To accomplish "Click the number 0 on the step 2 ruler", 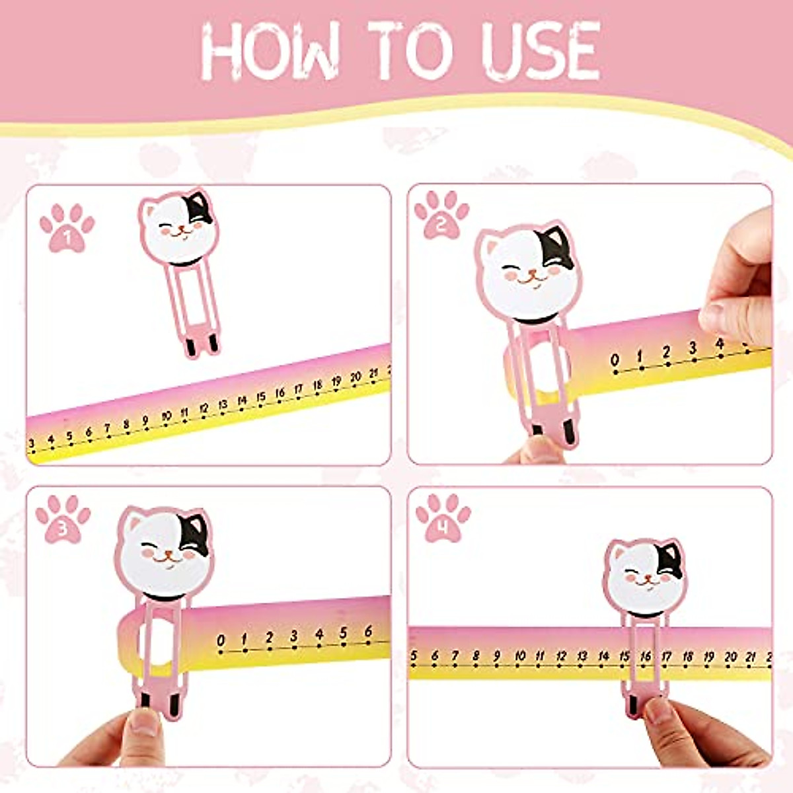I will [615, 360].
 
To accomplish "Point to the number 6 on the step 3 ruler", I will [368, 632].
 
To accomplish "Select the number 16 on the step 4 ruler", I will [646, 657].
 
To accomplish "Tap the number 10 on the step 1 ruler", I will [166, 416].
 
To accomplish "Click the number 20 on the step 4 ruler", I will [730, 657].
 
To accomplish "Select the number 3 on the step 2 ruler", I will [693, 348].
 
